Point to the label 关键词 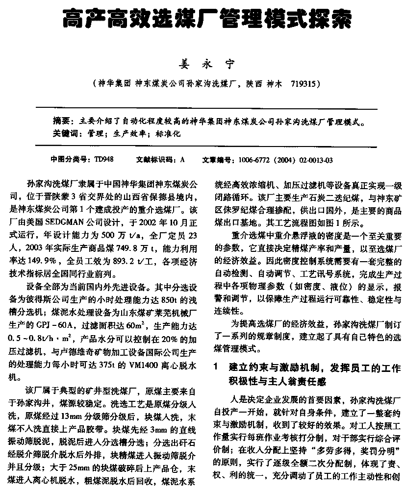65,133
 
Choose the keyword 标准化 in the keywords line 168,133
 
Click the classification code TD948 104,159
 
